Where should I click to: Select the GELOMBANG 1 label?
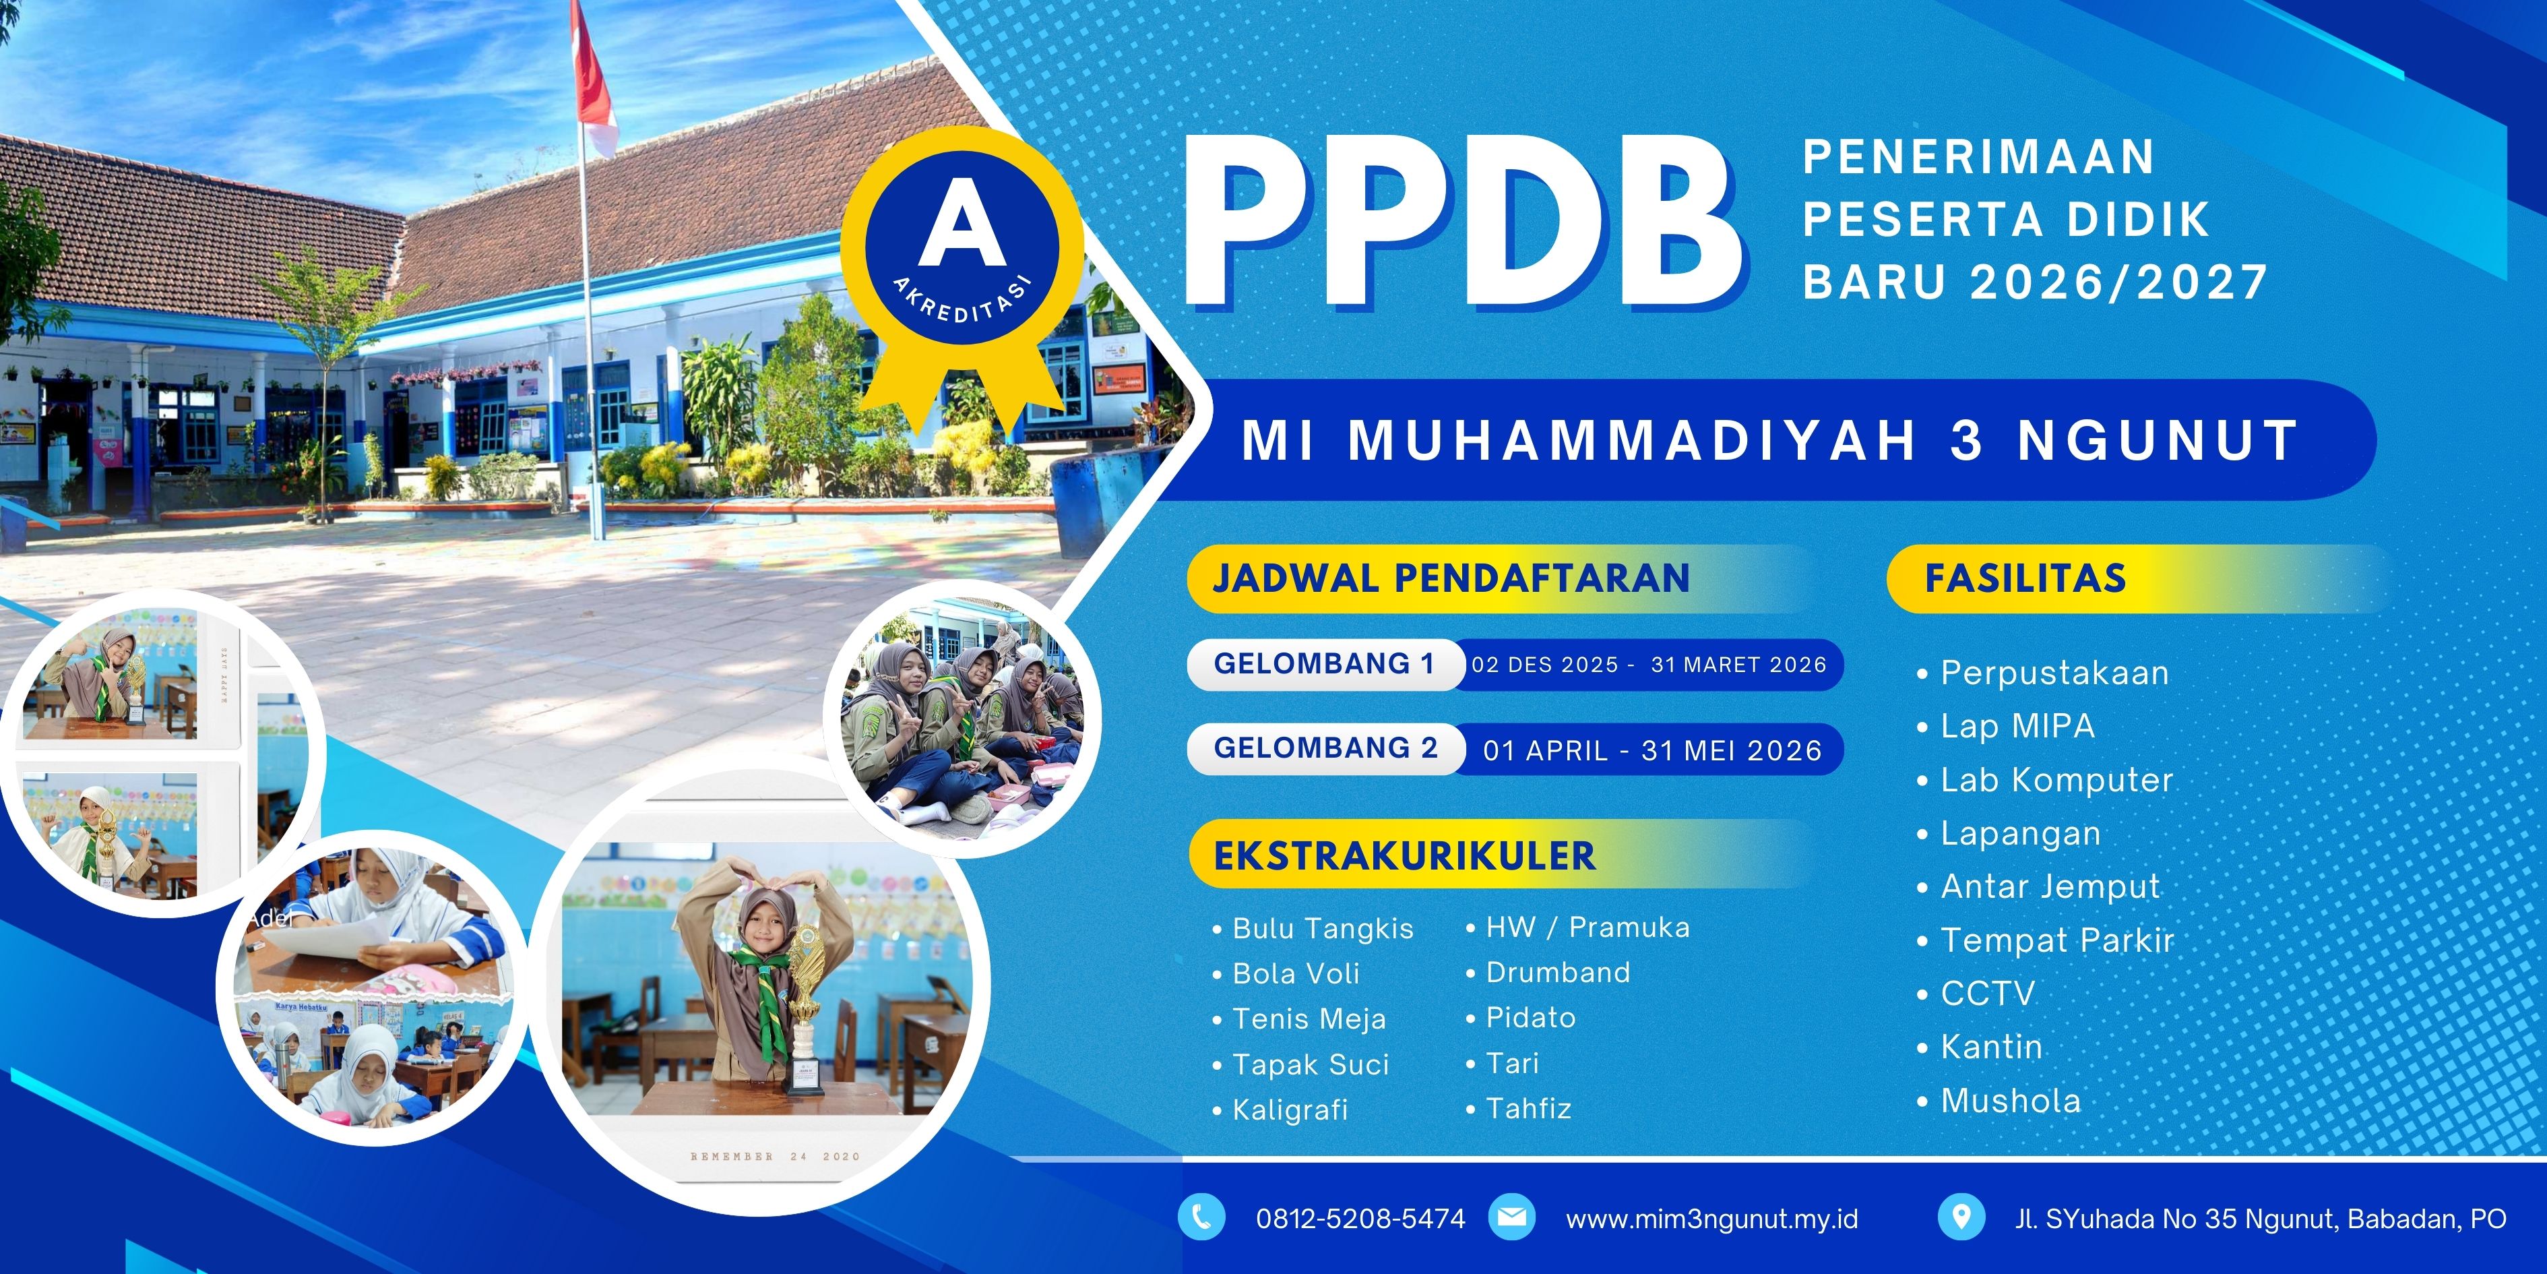(x=1324, y=664)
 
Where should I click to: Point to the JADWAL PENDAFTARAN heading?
(x=1451, y=578)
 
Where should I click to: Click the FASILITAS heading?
(x=2025, y=578)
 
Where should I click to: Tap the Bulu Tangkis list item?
(x=1323, y=930)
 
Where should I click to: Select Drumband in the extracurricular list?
(x=1559, y=972)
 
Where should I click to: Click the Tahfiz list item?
(x=1529, y=1109)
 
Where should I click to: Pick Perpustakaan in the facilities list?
(x=2054, y=673)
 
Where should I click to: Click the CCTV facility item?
(x=1987, y=993)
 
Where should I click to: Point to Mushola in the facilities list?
(x=2011, y=1101)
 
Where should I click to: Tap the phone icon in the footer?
(x=1201, y=1217)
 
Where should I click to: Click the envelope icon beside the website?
(x=1512, y=1217)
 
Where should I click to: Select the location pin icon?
(x=1961, y=1217)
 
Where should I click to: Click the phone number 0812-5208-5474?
(x=1360, y=1219)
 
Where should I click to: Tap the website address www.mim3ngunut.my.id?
(x=1711, y=1219)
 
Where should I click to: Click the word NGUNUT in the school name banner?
(x=2158, y=441)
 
